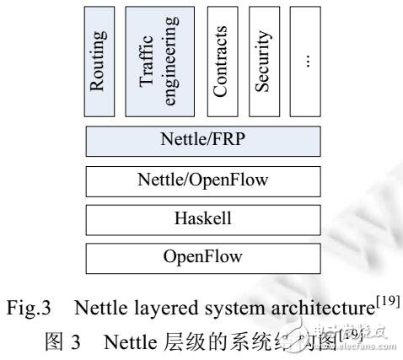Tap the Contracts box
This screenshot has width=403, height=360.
click(x=220, y=62)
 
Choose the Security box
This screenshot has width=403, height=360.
click(x=264, y=62)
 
